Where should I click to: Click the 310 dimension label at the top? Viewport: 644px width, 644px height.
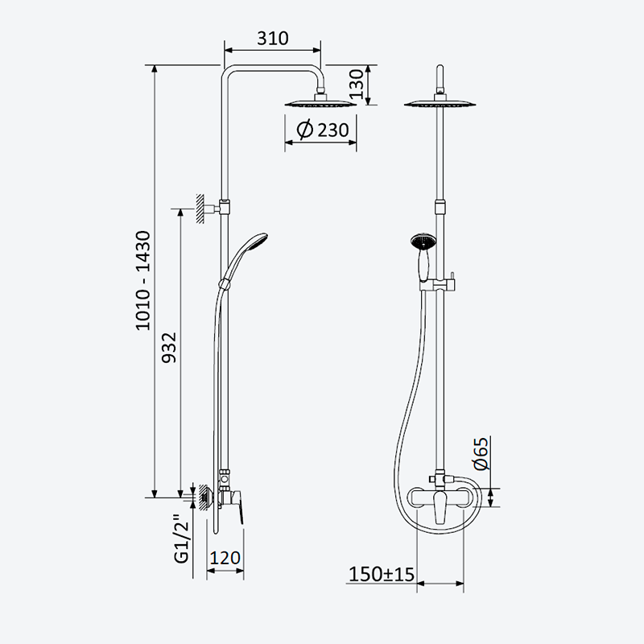coord(273,38)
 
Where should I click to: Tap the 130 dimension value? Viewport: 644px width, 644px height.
coord(357,85)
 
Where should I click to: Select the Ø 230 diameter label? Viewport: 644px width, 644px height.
coord(323,130)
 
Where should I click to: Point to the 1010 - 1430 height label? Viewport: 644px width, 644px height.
coord(143,280)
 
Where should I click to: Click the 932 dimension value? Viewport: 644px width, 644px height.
coord(169,348)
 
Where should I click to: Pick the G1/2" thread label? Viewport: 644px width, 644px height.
coord(181,538)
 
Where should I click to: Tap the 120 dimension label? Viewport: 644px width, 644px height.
coord(225,558)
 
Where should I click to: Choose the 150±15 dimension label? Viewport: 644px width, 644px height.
coord(382,574)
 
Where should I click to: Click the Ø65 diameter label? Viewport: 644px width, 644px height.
coord(481,453)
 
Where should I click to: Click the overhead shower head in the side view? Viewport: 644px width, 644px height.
coord(320,102)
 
